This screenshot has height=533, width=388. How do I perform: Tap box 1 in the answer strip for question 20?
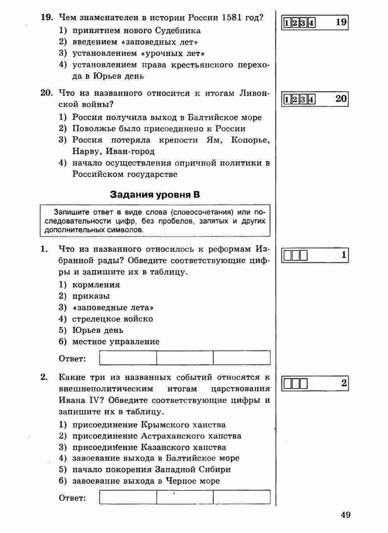click(287, 100)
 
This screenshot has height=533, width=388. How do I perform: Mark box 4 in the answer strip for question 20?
click(311, 100)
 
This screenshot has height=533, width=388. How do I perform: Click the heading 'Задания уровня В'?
click(155, 195)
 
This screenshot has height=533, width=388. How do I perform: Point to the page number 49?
click(346, 515)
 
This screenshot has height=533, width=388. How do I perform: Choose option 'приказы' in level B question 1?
click(91, 296)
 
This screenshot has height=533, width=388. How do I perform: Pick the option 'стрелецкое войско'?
click(112, 319)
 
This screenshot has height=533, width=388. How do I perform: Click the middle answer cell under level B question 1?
click(185, 358)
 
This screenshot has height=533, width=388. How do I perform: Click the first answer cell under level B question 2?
click(128, 497)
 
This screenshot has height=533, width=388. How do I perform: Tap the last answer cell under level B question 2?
click(242, 497)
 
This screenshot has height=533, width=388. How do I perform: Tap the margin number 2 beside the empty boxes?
click(344, 383)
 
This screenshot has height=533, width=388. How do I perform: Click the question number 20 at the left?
click(46, 93)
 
